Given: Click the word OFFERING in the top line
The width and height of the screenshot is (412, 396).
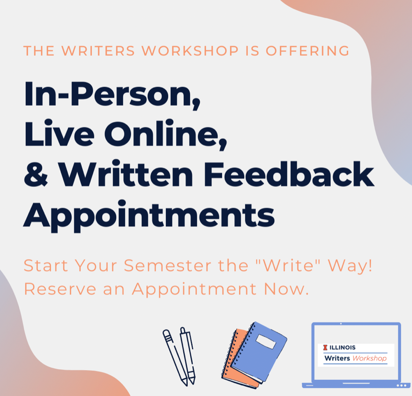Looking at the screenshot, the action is pyautogui.click(x=308, y=51).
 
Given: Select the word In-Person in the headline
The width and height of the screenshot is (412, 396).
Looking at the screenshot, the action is pyautogui.click(x=112, y=95).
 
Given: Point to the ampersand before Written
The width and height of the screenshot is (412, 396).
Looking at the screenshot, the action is pyautogui.click(x=36, y=174).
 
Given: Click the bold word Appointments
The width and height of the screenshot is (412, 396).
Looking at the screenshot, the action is pyautogui.click(x=149, y=216).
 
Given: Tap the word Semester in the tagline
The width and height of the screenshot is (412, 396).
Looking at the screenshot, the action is pyautogui.click(x=168, y=265).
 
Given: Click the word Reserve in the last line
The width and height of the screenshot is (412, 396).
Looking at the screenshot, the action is pyautogui.click(x=60, y=289).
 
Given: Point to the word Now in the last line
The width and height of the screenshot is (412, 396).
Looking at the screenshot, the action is pyautogui.click(x=286, y=289).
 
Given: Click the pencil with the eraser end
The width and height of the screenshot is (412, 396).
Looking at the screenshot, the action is pyautogui.click(x=175, y=358).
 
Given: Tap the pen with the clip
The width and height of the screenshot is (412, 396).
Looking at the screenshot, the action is pyautogui.click(x=188, y=355).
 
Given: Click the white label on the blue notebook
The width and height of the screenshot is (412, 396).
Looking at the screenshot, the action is pyautogui.click(x=266, y=341).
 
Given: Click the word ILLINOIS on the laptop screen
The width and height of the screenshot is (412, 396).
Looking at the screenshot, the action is pyautogui.click(x=342, y=347).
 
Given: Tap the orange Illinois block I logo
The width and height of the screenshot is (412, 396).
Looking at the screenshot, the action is pyautogui.click(x=325, y=347).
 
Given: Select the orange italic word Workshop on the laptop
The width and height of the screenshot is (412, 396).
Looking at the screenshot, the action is pyautogui.click(x=369, y=358).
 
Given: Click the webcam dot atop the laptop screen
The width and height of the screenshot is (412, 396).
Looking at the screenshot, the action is pyautogui.click(x=341, y=324).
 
